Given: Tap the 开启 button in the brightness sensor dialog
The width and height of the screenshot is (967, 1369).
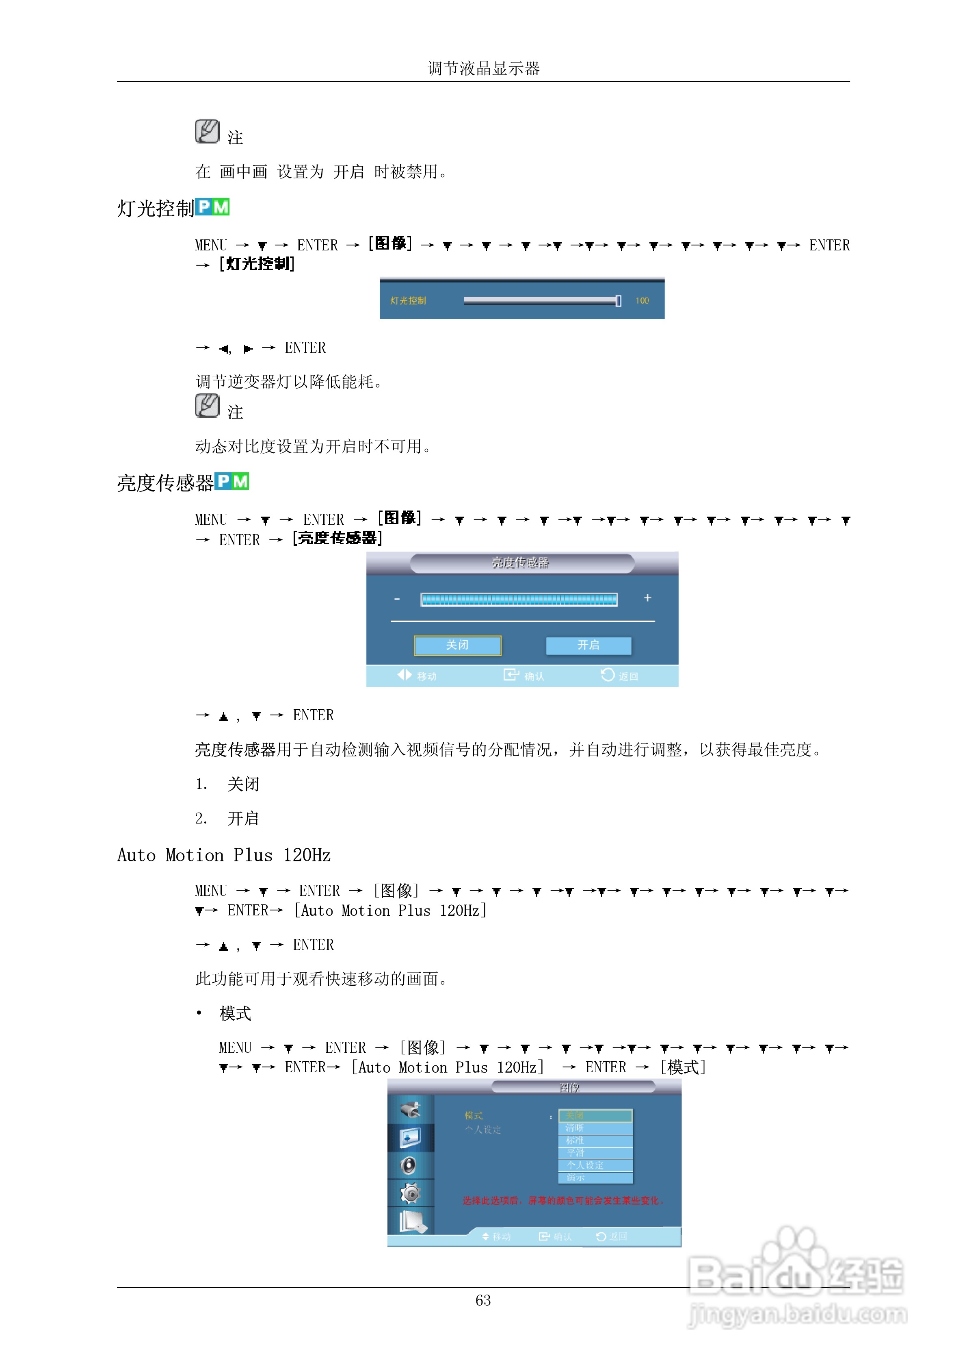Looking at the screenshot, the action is click(588, 645).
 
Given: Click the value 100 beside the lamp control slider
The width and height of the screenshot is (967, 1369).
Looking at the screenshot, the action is click(642, 300).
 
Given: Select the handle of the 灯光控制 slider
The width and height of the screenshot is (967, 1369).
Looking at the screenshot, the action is click(618, 300).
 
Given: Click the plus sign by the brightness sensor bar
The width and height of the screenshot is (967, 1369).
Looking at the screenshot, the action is click(648, 598).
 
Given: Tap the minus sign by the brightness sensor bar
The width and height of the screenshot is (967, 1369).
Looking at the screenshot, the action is click(397, 599).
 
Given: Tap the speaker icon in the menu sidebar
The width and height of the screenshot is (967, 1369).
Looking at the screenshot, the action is click(409, 1165).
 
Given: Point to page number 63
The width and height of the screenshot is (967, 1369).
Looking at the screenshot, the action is click(482, 1300).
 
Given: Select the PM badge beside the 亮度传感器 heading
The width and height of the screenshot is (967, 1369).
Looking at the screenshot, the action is click(232, 481).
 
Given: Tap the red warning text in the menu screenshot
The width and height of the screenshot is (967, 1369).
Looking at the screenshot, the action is click(563, 1201).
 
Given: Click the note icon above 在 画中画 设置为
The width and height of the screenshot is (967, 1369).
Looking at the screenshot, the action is click(207, 131).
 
